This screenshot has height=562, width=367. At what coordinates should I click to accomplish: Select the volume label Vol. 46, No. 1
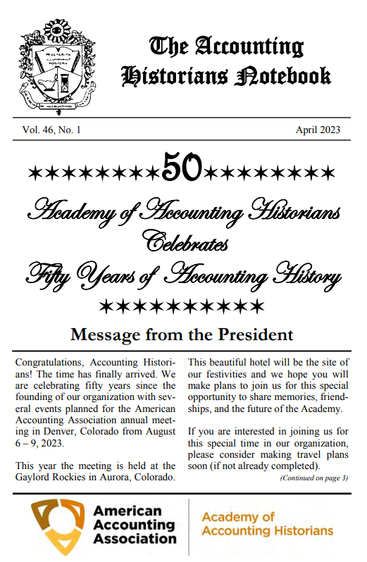point(52,130)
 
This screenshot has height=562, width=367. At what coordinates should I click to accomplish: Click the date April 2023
point(318,130)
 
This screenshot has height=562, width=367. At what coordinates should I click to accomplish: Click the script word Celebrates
point(185,242)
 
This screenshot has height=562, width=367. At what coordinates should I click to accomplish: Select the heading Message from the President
point(182,334)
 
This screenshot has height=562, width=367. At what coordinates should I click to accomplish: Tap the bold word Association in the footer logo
point(135,539)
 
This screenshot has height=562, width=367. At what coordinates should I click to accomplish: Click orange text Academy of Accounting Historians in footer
point(267,524)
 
